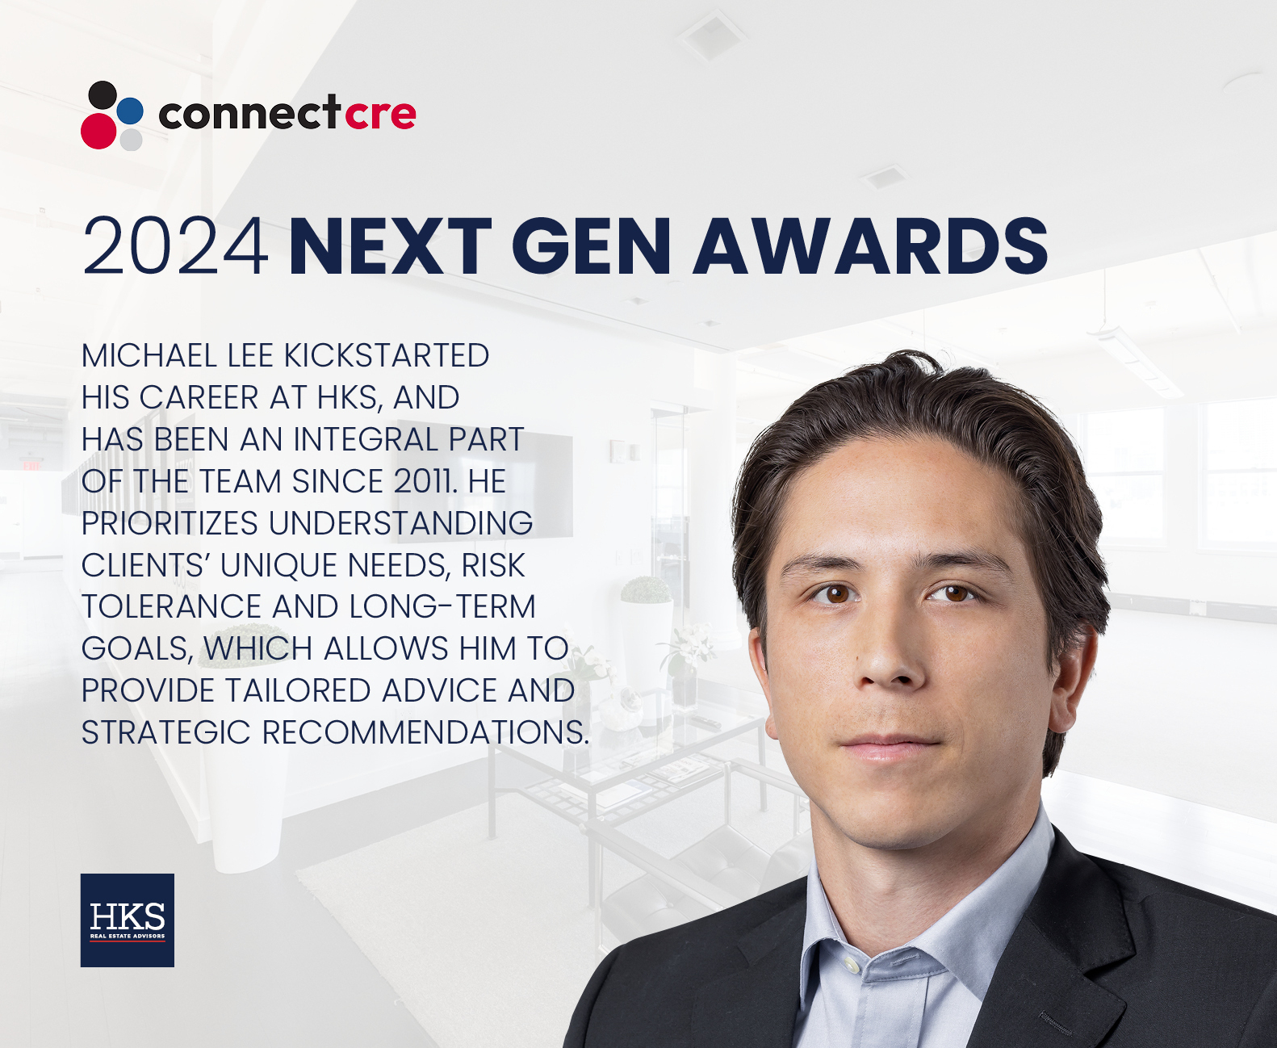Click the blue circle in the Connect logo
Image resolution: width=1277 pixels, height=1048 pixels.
130,111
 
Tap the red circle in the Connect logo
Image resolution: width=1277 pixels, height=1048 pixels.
98,131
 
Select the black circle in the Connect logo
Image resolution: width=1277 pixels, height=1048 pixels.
103,95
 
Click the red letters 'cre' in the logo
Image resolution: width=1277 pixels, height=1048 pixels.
380,114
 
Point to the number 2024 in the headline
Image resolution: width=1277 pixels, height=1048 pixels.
175,246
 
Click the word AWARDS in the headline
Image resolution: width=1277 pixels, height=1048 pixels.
871,246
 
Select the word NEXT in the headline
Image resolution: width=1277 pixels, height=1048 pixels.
391,246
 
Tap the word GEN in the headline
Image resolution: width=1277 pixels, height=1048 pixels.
592,246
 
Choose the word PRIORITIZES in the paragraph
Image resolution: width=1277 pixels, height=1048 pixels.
170,523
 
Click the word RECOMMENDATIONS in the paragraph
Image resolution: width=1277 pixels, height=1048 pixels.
425,732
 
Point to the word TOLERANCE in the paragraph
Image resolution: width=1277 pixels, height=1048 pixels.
171,607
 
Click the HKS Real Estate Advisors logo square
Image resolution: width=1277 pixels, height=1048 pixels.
128,920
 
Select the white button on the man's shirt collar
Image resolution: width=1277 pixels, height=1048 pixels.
849,964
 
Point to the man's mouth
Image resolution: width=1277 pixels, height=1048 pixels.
890,747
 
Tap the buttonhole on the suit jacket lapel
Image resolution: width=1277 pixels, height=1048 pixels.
1056,1022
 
